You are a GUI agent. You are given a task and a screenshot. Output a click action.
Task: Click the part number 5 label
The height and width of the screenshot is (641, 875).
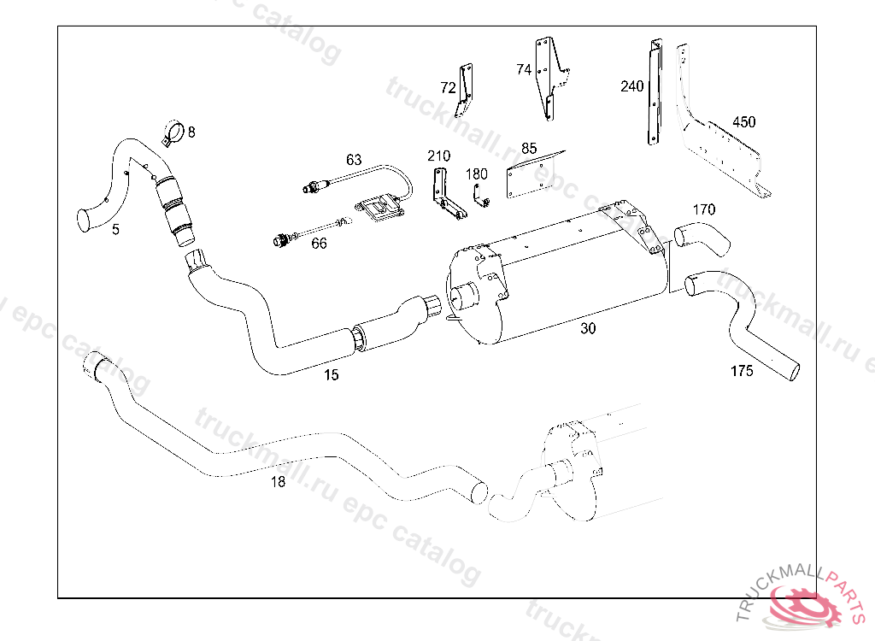[x=115, y=229]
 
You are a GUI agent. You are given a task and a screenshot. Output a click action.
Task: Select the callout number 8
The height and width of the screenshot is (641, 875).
[x=191, y=132]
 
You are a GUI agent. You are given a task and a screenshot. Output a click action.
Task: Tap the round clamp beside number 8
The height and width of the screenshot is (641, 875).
[x=172, y=134]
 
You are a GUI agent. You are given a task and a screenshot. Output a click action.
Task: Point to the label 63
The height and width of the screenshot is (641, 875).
[x=354, y=160]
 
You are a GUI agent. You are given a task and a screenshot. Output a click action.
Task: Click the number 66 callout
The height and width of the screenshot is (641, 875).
[x=319, y=244]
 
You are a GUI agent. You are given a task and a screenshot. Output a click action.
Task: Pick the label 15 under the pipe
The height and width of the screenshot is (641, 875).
[x=332, y=374]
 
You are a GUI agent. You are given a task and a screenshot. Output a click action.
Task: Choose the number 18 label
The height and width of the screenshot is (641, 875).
[x=278, y=482]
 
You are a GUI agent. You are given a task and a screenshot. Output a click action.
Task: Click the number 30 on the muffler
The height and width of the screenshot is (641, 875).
[x=588, y=328]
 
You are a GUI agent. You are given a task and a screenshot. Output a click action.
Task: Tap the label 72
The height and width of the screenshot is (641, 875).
[x=448, y=87]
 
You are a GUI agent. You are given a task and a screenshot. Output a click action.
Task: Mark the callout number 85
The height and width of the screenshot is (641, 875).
[x=529, y=149]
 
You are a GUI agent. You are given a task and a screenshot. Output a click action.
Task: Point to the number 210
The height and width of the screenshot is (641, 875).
[x=438, y=156]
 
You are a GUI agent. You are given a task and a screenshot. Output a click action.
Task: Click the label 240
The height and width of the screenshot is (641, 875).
[x=631, y=86]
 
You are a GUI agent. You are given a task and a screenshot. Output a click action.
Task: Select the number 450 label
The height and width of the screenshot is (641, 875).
[x=743, y=122]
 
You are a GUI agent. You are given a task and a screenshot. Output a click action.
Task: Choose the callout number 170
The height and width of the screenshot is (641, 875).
[x=704, y=209]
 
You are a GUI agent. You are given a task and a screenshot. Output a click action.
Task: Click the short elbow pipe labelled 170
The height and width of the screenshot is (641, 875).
[x=702, y=238]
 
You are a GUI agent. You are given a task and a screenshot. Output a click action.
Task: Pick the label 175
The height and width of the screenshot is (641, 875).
[x=742, y=372]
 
